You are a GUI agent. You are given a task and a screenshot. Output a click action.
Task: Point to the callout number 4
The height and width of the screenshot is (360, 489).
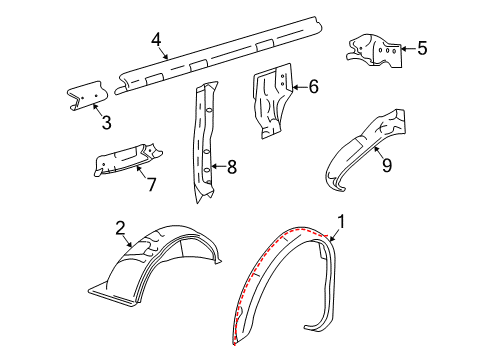click(x=156, y=41)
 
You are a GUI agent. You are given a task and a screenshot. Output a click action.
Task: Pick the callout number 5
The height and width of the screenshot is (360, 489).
click(x=421, y=47)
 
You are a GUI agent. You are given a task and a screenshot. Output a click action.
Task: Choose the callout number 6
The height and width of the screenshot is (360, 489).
click(x=313, y=87)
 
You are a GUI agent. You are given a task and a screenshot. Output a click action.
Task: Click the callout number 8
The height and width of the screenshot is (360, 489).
click(x=231, y=167)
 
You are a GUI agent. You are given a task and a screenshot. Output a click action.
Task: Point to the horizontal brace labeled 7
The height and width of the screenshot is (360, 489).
click(x=125, y=160)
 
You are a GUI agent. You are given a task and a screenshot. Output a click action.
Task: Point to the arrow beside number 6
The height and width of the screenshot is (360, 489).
click(x=298, y=87)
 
